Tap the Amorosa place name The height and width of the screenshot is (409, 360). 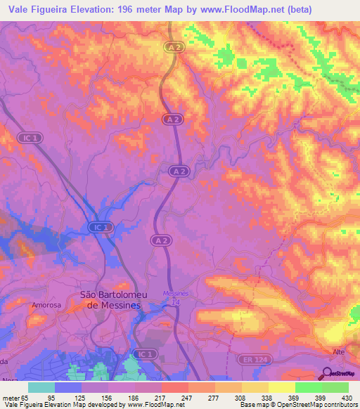pyautogui.click(x=47, y=306)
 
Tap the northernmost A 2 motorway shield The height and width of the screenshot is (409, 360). pyautogui.click(x=174, y=47)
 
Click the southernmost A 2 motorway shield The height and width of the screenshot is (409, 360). pyautogui.click(x=160, y=240)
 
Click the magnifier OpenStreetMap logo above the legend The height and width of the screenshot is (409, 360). pyautogui.click(x=328, y=372)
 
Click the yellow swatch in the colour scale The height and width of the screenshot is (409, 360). pyautogui.click(x=281, y=387)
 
